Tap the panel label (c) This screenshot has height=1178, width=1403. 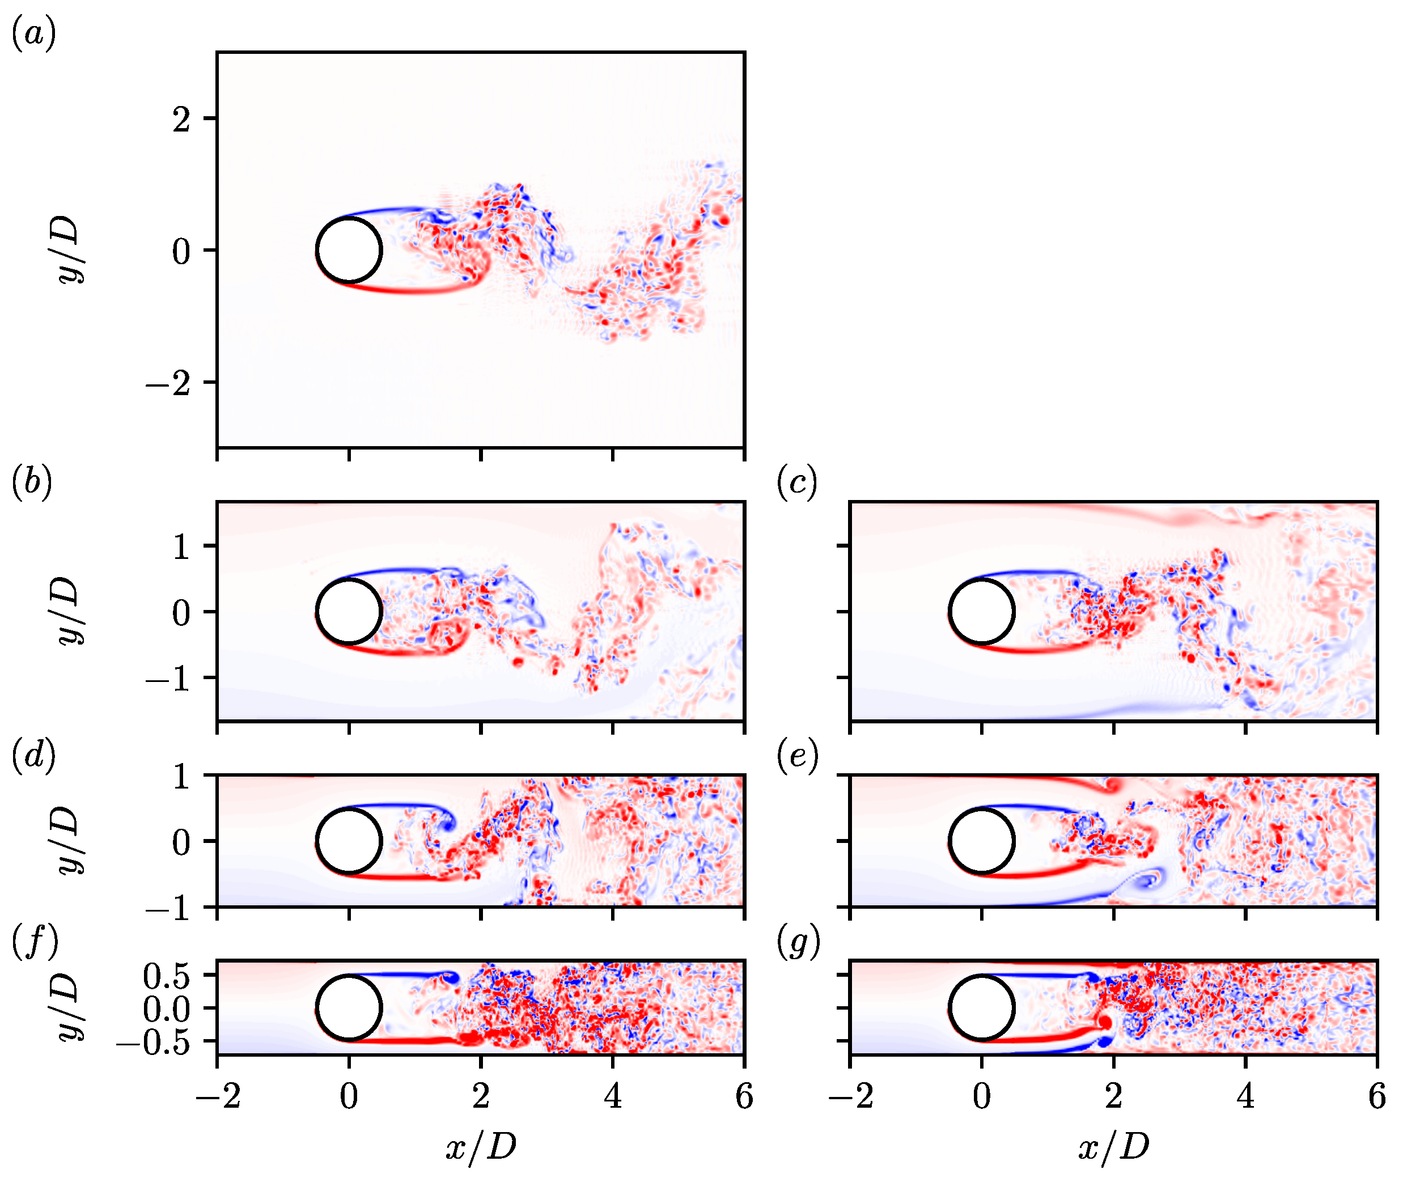[x=797, y=482]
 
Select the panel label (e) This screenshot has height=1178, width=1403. [x=798, y=756]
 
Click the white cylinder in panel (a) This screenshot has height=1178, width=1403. [x=349, y=251]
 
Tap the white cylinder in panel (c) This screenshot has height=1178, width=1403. [x=981, y=611]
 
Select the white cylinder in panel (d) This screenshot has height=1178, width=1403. [x=349, y=841]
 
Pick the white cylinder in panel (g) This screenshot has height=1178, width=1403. [x=981, y=1007]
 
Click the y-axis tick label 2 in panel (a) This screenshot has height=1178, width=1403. [x=181, y=120]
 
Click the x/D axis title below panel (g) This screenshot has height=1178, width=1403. [x=1114, y=1147]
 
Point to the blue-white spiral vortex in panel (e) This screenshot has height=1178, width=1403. [x=1148, y=880]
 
